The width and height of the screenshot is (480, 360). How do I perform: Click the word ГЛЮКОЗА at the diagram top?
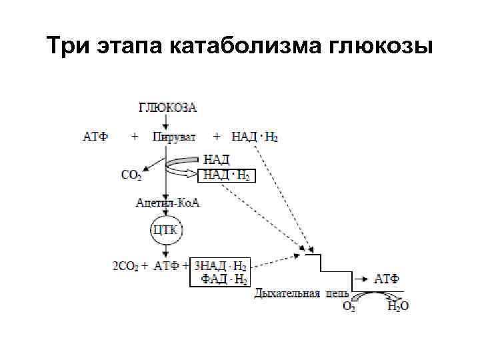167,107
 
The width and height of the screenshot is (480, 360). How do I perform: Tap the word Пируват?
174,137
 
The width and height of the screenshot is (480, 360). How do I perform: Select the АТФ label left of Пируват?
95,137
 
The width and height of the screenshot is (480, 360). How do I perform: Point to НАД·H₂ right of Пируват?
255,137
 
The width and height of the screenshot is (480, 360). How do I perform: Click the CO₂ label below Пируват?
131,175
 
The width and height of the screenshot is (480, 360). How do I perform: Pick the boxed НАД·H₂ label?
227,176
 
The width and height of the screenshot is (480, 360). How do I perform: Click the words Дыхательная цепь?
297,293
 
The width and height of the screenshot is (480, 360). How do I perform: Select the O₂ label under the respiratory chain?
349,307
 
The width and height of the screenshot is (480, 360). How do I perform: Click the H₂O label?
398,307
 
